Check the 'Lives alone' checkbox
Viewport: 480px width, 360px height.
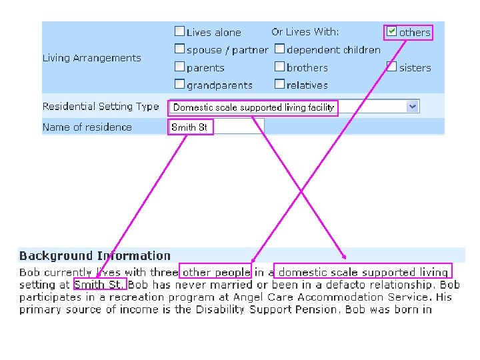click(x=179, y=31)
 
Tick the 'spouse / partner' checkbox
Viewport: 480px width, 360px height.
click(x=179, y=49)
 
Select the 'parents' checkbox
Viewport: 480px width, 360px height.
click(x=179, y=67)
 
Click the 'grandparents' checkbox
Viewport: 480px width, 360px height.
click(x=179, y=85)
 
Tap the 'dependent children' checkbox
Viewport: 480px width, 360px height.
click(x=279, y=49)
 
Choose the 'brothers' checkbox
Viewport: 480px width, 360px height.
click(x=279, y=67)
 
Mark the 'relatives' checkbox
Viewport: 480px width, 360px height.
click(x=279, y=85)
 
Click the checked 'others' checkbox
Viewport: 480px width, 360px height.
click(x=392, y=31)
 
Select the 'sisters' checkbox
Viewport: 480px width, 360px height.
click(x=392, y=67)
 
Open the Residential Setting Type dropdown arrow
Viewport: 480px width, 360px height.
click(x=413, y=107)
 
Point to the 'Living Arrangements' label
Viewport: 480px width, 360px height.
click(x=92, y=58)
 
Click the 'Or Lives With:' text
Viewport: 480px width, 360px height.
click(x=305, y=32)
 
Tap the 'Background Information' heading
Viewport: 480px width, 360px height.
click(x=95, y=256)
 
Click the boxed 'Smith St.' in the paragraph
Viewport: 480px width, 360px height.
click(x=99, y=285)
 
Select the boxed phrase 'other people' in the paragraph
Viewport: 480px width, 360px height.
click(x=215, y=272)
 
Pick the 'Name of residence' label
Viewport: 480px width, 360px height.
click(x=87, y=127)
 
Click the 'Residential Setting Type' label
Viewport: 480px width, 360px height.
click(x=101, y=107)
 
